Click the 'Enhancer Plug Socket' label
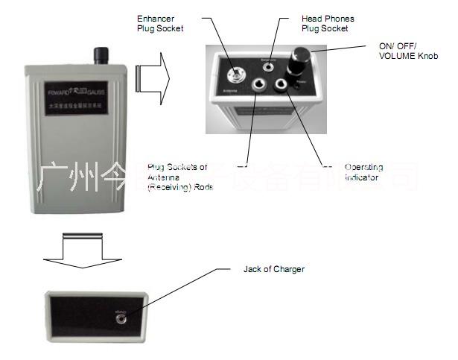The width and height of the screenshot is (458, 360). pos(159,22)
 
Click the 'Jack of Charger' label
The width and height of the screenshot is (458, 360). pos(274,268)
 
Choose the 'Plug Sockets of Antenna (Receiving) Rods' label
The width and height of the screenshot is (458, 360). pos(179,177)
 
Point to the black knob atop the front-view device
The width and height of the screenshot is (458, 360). pos(101,56)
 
